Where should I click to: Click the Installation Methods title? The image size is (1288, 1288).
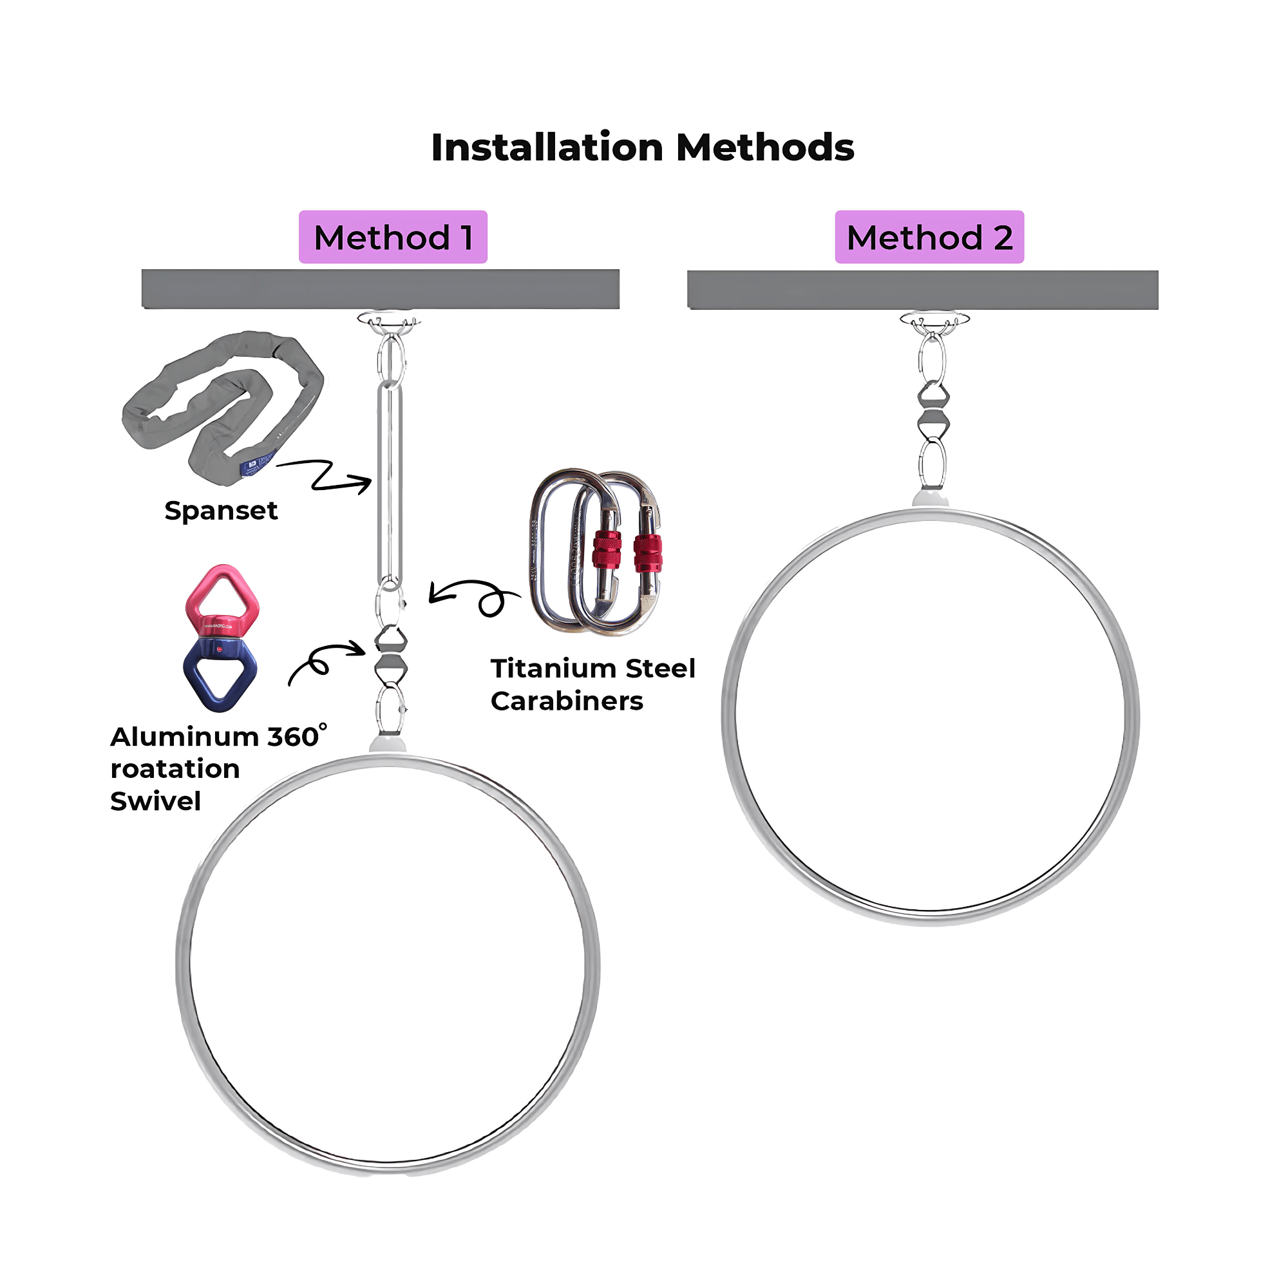pos(642,147)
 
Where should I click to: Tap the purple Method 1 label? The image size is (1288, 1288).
pos(393,238)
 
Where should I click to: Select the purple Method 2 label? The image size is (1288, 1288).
pos(929,238)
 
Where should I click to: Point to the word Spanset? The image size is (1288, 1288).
pos(221,511)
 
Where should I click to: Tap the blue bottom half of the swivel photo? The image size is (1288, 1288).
pos(220,674)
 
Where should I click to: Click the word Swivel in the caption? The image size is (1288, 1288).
pos(155,801)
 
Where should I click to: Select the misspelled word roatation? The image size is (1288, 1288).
pos(175,770)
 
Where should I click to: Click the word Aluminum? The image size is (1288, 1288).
pos(185,737)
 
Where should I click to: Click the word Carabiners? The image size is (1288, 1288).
pos(567,701)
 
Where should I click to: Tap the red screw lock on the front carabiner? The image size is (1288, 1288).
pos(607,550)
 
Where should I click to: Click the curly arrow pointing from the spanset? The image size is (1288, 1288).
pos(327,475)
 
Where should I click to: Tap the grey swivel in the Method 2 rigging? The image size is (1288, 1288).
pos(933,409)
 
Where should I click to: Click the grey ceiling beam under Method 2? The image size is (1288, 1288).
pos(923,290)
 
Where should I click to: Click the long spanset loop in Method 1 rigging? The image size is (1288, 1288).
pos(390,484)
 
